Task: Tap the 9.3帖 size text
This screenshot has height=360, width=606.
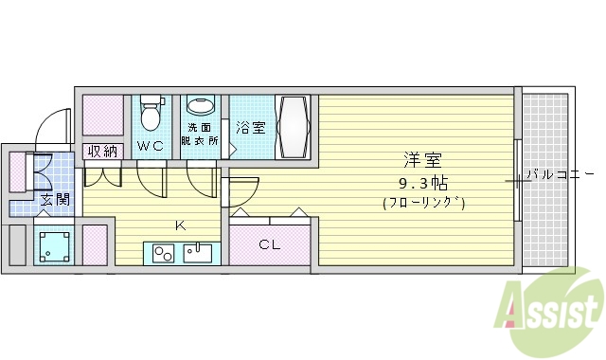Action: [x=423, y=182]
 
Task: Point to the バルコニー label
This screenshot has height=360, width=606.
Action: [x=558, y=174]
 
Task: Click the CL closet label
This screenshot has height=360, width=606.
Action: [x=270, y=244]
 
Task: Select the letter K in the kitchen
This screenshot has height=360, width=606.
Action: [x=178, y=225]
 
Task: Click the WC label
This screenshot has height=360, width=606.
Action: [x=151, y=146]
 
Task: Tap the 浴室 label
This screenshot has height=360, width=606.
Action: [x=250, y=127]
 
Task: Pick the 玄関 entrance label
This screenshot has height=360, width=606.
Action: [x=55, y=199]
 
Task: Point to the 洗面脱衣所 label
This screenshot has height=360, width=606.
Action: [x=202, y=134]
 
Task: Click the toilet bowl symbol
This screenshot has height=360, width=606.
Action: [x=150, y=116]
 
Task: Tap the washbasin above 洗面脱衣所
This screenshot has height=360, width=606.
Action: [x=201, y=106]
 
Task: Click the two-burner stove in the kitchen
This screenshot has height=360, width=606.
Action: [x=161, y=253]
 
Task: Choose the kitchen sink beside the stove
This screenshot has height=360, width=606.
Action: [x=201, y=253]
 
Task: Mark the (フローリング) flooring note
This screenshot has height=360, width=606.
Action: [x=423, y=203]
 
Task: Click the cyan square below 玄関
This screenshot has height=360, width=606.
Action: [x=54, y=243]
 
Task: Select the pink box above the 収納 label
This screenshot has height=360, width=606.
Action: [x=103, y=116]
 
